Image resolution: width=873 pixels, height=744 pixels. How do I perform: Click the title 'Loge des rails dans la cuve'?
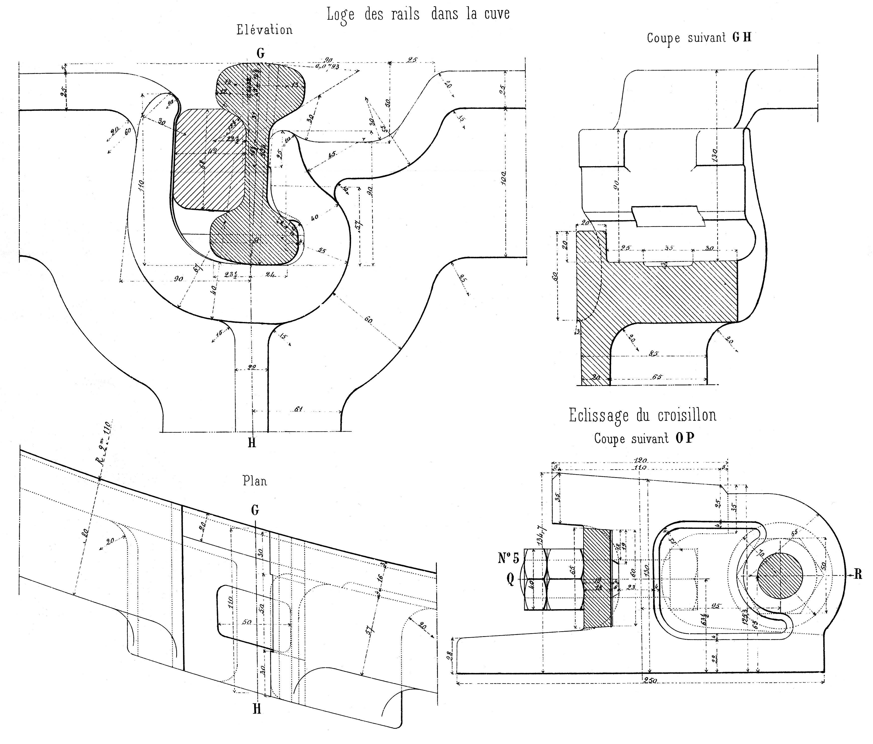click(x=418, y=14)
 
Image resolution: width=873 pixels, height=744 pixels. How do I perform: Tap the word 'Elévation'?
click(x=264, y=30)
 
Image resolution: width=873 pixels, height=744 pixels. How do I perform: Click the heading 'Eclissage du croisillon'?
click(x=642, y=415)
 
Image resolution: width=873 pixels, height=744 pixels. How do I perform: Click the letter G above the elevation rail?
click(x=261, y=53)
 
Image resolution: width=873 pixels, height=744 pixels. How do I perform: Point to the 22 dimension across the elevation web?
click(x=252, y=368)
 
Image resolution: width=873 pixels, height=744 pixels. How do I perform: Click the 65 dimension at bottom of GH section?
click(x=657, y=377)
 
